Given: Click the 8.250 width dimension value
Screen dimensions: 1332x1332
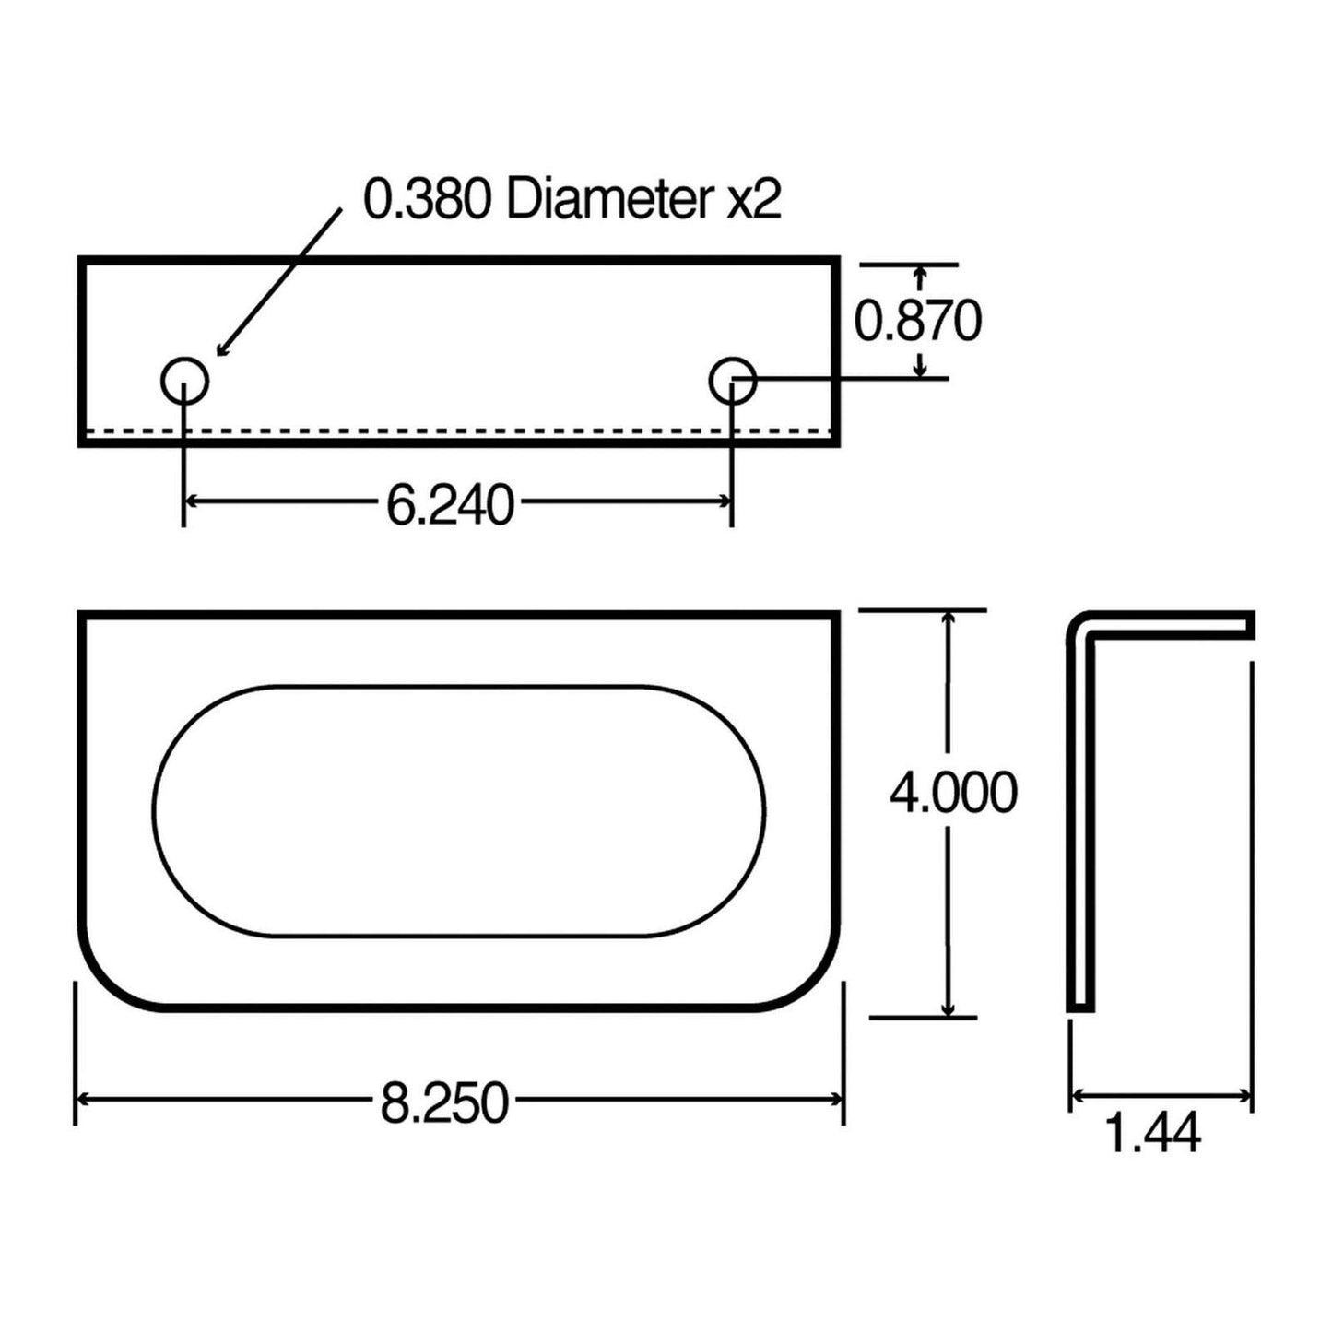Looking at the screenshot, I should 444,1102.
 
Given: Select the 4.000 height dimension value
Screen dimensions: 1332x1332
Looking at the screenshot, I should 953,793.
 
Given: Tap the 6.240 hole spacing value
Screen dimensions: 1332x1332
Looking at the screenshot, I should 449,505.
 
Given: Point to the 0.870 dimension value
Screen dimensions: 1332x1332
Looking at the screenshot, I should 917,322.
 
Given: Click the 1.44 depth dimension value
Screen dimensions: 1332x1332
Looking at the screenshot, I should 1152,1133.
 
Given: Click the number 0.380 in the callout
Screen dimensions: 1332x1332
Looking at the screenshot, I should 428,199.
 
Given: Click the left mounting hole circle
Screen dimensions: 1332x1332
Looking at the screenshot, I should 184,380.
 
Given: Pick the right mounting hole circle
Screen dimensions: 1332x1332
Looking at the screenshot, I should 733,379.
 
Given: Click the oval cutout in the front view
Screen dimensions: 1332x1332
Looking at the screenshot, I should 458,812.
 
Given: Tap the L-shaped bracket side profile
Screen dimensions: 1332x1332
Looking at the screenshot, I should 1080,811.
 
